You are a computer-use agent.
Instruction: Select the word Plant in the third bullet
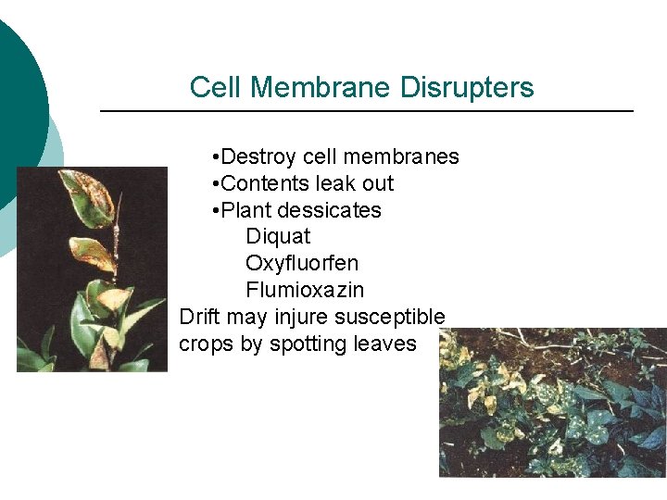[247, 210]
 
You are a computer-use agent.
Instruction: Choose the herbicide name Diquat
[278, 237]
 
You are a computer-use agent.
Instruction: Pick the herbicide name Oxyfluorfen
[302, 264]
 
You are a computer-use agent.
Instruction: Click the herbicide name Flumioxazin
[305, 291]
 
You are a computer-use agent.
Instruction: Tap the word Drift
[199, 317]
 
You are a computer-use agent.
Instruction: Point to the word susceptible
[390, 317]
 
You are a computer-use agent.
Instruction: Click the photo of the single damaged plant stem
[92, 269]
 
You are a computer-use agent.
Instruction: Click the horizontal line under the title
[366, 111]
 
